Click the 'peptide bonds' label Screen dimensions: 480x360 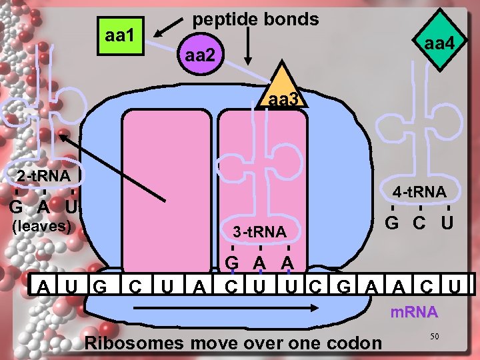tap(255, 19)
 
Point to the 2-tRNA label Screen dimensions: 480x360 tap(44, 177)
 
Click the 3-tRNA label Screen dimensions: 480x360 tap(259, 232)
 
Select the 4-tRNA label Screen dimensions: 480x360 tap(419, 192)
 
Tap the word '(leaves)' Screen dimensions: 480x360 tap(41, 225)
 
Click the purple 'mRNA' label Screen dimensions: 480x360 tap(414, 312)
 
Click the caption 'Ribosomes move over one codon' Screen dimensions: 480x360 tap(234, 343)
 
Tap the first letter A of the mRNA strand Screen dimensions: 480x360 tap(44, 288)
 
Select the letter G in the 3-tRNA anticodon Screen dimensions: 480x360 tap(232, 262)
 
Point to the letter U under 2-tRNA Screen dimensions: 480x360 tap(72, 207)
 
